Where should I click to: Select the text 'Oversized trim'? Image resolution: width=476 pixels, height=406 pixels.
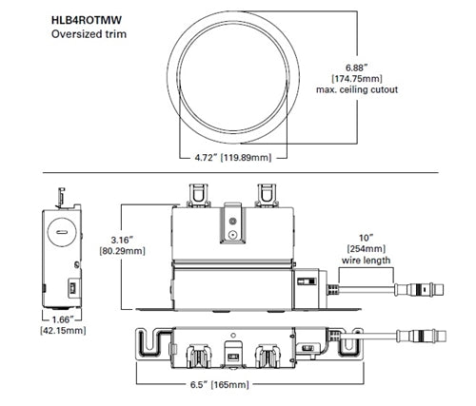coord(87,34)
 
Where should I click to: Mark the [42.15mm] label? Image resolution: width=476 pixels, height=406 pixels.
coord(62,332)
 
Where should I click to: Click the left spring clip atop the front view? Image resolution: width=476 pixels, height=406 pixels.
coord(198,193)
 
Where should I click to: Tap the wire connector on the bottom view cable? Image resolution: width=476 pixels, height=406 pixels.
coord(420,334)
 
